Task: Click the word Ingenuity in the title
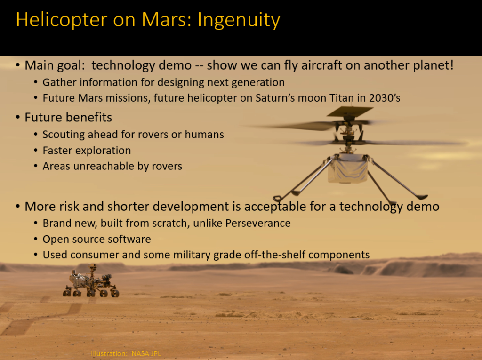point(239,20)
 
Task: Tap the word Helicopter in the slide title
point(62,20)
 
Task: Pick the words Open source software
point(96,239)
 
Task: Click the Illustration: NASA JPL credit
point(126,353)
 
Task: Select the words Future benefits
point(68,118)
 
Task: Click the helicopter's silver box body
point(348,169)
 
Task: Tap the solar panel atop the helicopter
point(350,111)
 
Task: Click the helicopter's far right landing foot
point(421,197)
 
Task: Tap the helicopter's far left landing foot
point(277,199)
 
